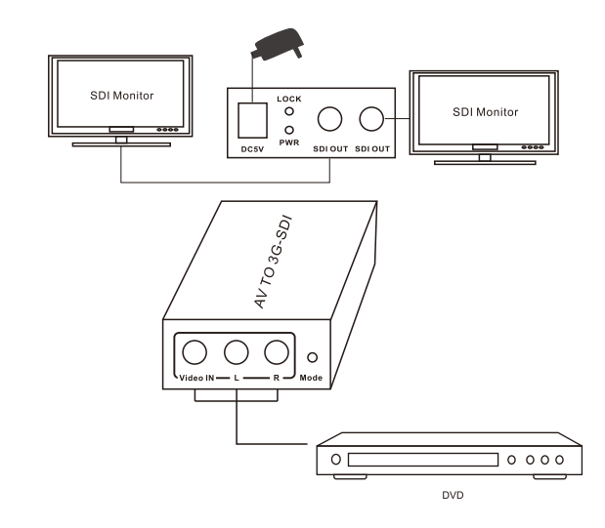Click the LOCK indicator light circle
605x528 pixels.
coord(289,111)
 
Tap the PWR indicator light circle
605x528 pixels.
coord(289,130)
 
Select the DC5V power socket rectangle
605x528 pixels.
coord(253,120)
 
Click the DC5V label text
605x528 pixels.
coord(252,149)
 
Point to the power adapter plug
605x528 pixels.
coord(278,44)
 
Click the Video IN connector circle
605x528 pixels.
coord(194,352)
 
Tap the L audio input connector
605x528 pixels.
coord(237,352)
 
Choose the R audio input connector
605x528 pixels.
coord(277,352)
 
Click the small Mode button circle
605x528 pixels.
coord(312,357)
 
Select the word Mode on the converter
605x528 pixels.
coord(311,378)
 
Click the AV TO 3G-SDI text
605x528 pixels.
coord(273,263)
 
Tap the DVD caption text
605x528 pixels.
coord(453,495)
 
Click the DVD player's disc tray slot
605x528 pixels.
coord(423,460)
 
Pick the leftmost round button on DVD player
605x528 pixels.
coord(336,460)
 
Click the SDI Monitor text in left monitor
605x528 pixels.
coord(122,96)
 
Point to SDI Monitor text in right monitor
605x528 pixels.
coord(486,112)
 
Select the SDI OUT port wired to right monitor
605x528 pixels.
coord(371,119)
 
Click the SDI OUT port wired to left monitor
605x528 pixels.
coord(330,119)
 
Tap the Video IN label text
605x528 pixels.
coord(196,378)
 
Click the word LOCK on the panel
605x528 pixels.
coord(289,99)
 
